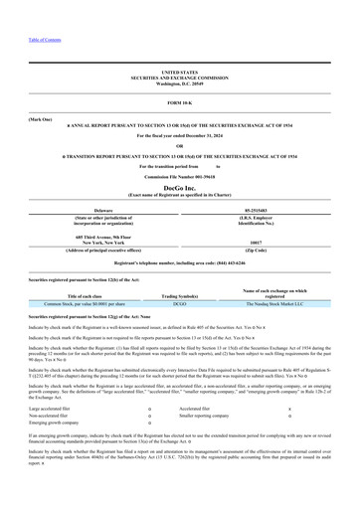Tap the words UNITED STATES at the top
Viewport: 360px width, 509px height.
click(180, 73)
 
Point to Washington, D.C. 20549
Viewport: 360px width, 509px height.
click(180, 84)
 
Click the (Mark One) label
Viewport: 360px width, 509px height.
click(41, 117)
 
